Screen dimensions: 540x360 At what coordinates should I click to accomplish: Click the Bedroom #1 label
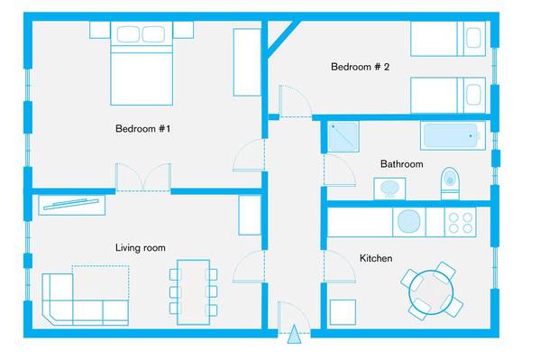tap(143, 129)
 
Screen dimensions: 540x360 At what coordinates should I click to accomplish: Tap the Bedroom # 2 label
tap(360, 67)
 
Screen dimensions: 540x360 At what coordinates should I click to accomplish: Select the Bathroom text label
tap(401, 164)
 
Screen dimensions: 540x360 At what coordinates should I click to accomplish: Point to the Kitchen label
tap(376, 258)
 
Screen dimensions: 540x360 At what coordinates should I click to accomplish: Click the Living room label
tap(140, 247)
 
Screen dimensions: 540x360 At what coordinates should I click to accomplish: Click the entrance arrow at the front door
tap(294, 334)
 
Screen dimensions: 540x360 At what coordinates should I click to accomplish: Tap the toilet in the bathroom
tap(450, 183)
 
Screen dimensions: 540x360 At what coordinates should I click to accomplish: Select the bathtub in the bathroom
tap(453, 135)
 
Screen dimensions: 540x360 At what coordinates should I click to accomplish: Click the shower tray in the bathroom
tap(343, 136)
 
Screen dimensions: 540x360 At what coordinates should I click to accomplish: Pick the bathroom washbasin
tap(389, 189)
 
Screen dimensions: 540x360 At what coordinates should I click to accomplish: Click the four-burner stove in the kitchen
tap(461, 223)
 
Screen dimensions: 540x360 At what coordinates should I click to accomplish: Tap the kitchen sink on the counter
tap(409, 221)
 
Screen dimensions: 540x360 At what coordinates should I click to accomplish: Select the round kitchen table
tap(431, 292)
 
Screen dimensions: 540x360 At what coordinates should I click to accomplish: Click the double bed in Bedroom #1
tap(142, 63)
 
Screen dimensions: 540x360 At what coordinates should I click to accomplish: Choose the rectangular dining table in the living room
tap(193, 292)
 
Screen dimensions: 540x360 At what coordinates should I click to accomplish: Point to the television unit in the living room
tap(71, 205)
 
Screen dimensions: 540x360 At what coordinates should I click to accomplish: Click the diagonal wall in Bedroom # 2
tap(283, 38)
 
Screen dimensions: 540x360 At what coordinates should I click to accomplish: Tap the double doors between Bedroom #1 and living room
tap(143, 177)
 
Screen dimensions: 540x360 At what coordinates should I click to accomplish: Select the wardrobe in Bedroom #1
tap(247, 62)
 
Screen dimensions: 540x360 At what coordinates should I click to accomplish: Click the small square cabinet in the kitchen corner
tap(343, 312)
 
